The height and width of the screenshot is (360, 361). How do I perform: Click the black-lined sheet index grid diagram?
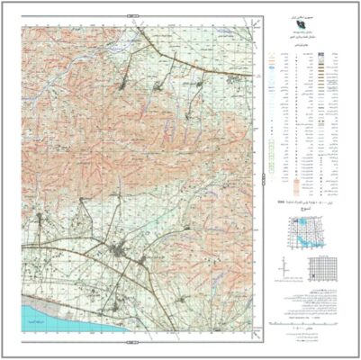pyautogui.click(x=321, y=268)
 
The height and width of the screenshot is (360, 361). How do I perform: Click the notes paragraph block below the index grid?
pyautogui.click(x=311, y=298)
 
